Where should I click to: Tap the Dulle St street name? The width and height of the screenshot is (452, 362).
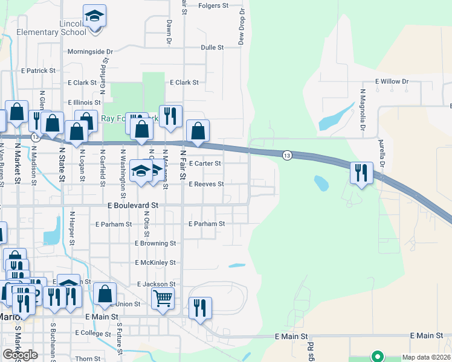coord(212,47)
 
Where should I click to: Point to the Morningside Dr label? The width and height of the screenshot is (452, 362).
coord(91,52)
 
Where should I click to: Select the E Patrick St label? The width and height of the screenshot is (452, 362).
coord(37,71)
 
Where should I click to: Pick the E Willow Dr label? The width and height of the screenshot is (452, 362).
coord(392,81)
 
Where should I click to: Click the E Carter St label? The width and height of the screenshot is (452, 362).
coord(205,164)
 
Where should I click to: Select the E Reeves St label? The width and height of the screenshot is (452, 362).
coord(206,184)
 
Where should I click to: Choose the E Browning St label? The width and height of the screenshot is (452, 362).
coord(155,243)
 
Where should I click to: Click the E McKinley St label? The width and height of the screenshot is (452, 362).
coord(155,262)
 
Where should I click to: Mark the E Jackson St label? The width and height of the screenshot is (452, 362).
coord(156,284)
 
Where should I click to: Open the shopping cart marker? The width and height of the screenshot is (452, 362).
coord(163,297)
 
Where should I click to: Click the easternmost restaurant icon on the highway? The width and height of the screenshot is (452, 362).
coord(361,173)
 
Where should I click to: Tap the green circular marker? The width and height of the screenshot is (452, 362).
coord(378,356)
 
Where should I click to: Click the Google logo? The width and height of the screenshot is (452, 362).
coord(20,355)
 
